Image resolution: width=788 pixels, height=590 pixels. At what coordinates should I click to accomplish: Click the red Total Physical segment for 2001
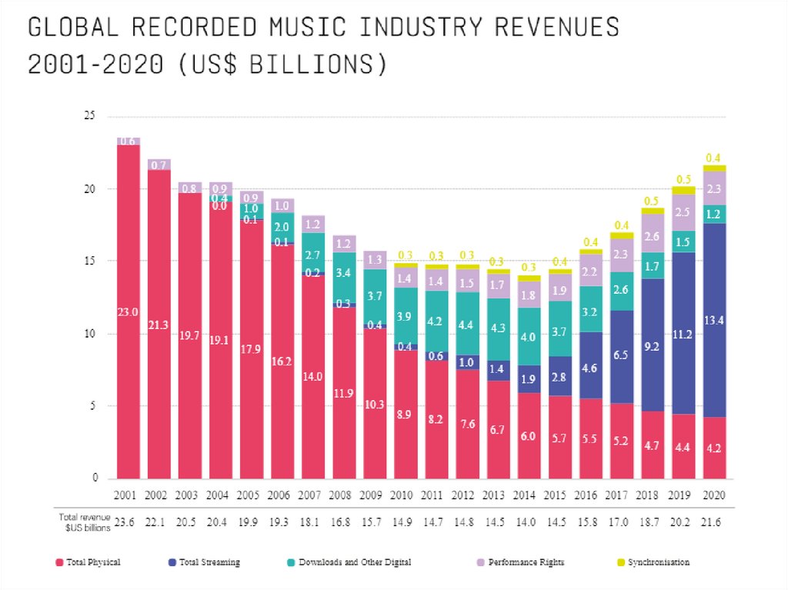[x=129, y=312]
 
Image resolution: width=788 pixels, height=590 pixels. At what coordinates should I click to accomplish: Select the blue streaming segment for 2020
[x=714, y=320]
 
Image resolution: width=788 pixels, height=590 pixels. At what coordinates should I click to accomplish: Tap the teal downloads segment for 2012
[x=467, y=324]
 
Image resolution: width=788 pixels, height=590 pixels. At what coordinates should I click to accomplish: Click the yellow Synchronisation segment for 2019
[x=683, y=190]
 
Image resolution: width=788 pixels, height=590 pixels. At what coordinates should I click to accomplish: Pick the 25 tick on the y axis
[x=90, y=116]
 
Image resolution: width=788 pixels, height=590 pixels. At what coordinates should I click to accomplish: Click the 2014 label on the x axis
[x=529, y=494]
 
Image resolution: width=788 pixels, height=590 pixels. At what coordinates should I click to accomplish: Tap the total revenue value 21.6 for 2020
[x=714, y=522]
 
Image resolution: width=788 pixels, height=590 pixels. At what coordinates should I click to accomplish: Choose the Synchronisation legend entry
[x=656, y=562]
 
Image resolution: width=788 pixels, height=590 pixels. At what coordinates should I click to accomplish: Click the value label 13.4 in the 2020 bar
[x=714, y=320]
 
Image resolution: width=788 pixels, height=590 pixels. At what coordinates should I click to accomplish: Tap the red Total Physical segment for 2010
[x=406, y=414]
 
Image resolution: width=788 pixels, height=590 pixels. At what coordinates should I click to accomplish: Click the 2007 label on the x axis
[x=313, y=494]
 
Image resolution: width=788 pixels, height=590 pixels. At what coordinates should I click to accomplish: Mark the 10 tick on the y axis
[x=90, y=334]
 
